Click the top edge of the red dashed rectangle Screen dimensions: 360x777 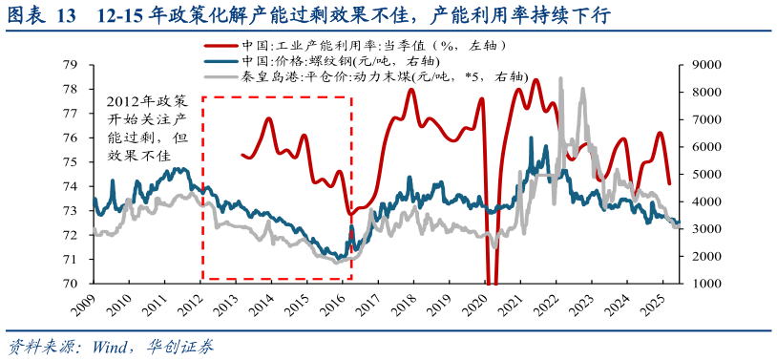[277, 96]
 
